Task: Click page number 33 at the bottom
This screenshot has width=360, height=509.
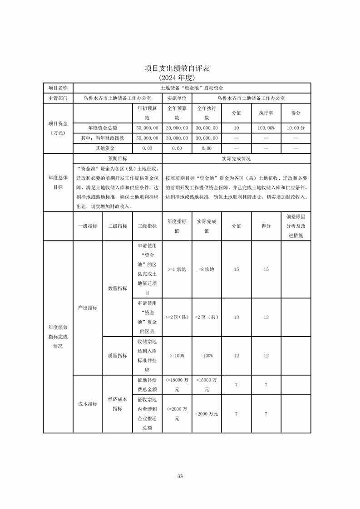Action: (x=180, y=476)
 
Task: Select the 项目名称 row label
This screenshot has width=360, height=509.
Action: (x=58, y=88)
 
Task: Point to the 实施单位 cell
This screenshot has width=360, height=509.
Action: (x=177, y=98)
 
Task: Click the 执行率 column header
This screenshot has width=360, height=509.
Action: (x=266, y=113)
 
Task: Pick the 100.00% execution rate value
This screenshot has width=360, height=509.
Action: (x=266, y=128)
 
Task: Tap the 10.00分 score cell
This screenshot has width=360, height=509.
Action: (x=296, y=128)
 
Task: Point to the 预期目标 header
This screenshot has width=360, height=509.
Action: (x=117, y=159)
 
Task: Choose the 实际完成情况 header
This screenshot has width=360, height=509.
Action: (x=236, y=159)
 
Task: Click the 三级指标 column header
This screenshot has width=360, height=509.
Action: (x=147, y=226)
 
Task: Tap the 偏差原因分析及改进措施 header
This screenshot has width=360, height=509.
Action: (x=296, y=226)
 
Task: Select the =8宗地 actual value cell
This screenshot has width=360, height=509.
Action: (x=206, y=269)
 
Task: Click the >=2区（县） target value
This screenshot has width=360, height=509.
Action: (x=177, y=317)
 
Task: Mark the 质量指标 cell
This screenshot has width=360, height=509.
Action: (x=117, y=356)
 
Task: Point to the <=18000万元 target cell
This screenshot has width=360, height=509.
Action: (x=177, y=385)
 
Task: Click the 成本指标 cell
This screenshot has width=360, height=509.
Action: (x=88, y=404)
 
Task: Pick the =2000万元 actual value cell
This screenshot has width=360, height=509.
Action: (x=206, y=414)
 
